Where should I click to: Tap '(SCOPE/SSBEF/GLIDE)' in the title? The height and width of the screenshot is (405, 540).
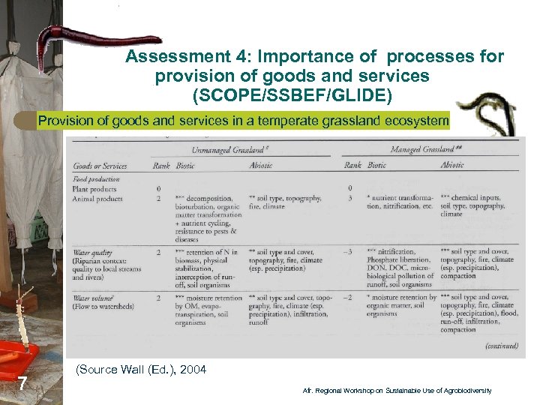pos(292,95)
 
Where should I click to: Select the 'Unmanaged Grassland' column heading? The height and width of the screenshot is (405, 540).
pos(229,150)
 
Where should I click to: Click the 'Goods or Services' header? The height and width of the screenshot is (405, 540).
pos(100,166)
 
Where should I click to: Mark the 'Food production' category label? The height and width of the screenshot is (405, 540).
pos(95,179)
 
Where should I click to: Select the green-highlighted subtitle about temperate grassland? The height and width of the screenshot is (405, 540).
pos(243,121)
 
